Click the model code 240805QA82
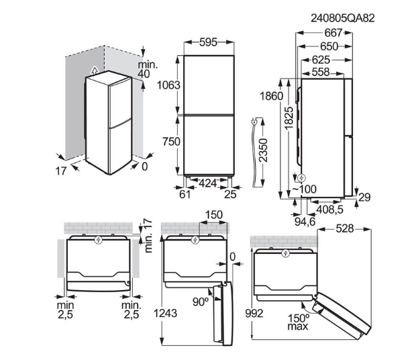click(342, 18)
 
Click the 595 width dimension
click(209, 42)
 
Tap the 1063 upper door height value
click(168, 85)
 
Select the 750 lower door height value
click(171, 142)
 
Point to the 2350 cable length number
click(263, 150)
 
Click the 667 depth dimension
click(333, 33)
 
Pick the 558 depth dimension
click(321, 73)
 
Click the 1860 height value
click(271, 96)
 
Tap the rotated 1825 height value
click(289, 118)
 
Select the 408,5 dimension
click(330, 210)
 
